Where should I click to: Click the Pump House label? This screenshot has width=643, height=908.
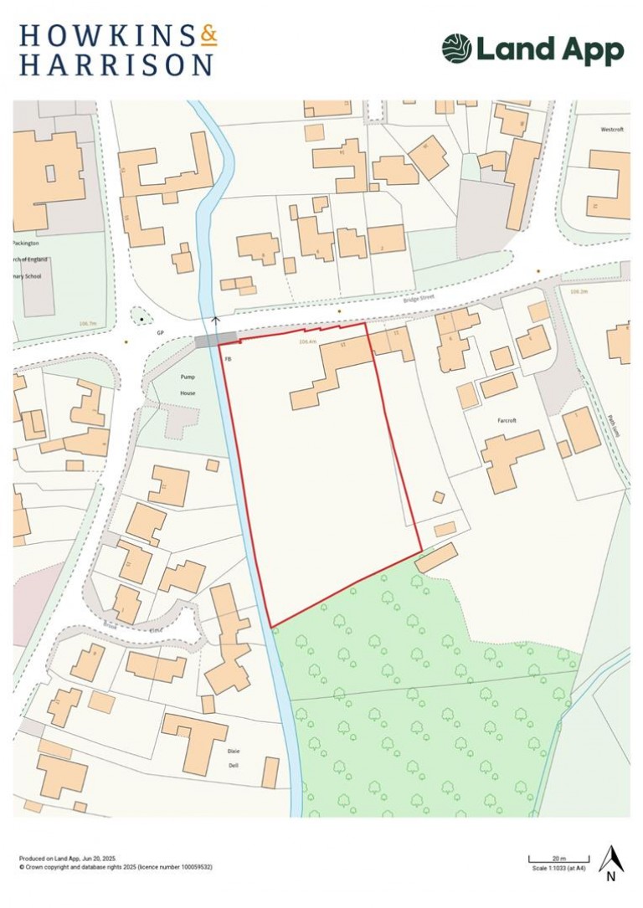click(x=187, y=384)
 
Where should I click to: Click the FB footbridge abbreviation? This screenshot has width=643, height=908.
click(x=227, y=358)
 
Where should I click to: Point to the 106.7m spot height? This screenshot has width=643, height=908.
click(x=87, y=322)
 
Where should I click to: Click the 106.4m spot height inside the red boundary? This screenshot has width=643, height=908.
click(x=306, y=341)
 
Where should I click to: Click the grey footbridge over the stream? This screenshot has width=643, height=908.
click(x=216, y=339)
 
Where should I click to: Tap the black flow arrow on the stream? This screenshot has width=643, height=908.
click(x=216, y=320)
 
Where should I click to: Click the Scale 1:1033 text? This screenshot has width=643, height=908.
click(x=558, y=868)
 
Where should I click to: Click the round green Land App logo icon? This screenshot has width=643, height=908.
click(x=456, y=49)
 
